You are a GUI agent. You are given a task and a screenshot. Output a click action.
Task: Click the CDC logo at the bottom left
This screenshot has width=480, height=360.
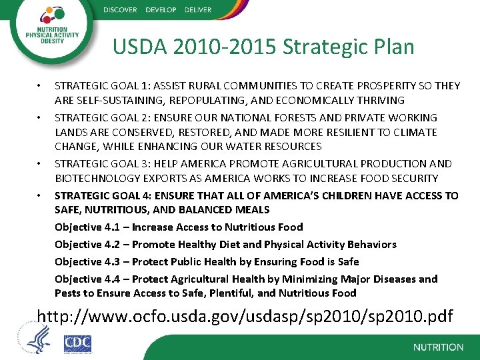point(77,343)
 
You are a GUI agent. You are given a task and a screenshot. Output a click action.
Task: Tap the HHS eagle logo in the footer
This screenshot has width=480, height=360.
point(37,338)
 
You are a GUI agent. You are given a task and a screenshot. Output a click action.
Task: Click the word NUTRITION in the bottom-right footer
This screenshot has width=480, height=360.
point(438,347)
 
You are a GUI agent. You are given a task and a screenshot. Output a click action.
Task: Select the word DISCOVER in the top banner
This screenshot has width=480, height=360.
point(120,9)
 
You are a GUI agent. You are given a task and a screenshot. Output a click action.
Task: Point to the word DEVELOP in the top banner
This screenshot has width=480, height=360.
point(161,9)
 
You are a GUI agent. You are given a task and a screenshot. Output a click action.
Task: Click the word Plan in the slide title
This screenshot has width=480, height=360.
point(393,47)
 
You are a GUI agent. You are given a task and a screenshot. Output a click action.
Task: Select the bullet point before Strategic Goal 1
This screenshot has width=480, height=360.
point(40,86)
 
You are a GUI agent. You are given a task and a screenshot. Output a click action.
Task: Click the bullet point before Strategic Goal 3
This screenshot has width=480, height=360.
point(40,163)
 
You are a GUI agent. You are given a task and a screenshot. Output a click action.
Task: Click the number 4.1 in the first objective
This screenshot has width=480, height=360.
point(112,227)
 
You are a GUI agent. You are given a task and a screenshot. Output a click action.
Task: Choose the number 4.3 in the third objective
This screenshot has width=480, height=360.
point(112,261)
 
